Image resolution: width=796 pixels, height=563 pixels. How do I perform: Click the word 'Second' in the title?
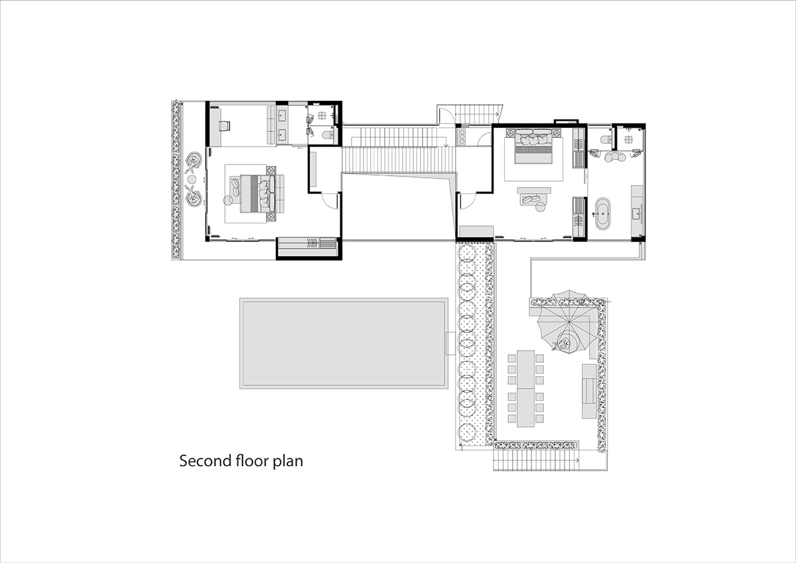click(206, 461)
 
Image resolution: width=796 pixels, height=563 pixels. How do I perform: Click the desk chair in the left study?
click(224, 125)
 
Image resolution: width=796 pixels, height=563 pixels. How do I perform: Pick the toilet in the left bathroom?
click(328, 135)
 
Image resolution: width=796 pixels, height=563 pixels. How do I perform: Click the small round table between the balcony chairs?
click(192, 179)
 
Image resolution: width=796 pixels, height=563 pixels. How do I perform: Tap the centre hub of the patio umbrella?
click(569, 322)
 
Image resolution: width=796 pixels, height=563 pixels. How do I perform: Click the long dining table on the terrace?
click(526, 388)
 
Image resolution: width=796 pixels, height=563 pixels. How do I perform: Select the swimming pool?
click(344, 343)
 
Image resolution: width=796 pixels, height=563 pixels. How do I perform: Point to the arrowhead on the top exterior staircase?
click(496, 114)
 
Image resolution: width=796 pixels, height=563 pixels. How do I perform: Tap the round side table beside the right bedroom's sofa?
click(540, 207)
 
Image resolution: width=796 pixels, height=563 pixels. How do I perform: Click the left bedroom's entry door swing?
click(330, 201)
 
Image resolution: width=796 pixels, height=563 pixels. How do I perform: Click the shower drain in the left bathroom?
click(322, 115)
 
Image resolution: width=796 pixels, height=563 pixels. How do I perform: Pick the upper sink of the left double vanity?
click(283, 114)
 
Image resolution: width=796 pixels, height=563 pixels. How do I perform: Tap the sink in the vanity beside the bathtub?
click(636, 214)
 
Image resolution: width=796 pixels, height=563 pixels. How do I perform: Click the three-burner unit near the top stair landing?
click(462, 137)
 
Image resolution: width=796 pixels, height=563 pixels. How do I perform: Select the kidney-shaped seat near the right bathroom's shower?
click(615, 156)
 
